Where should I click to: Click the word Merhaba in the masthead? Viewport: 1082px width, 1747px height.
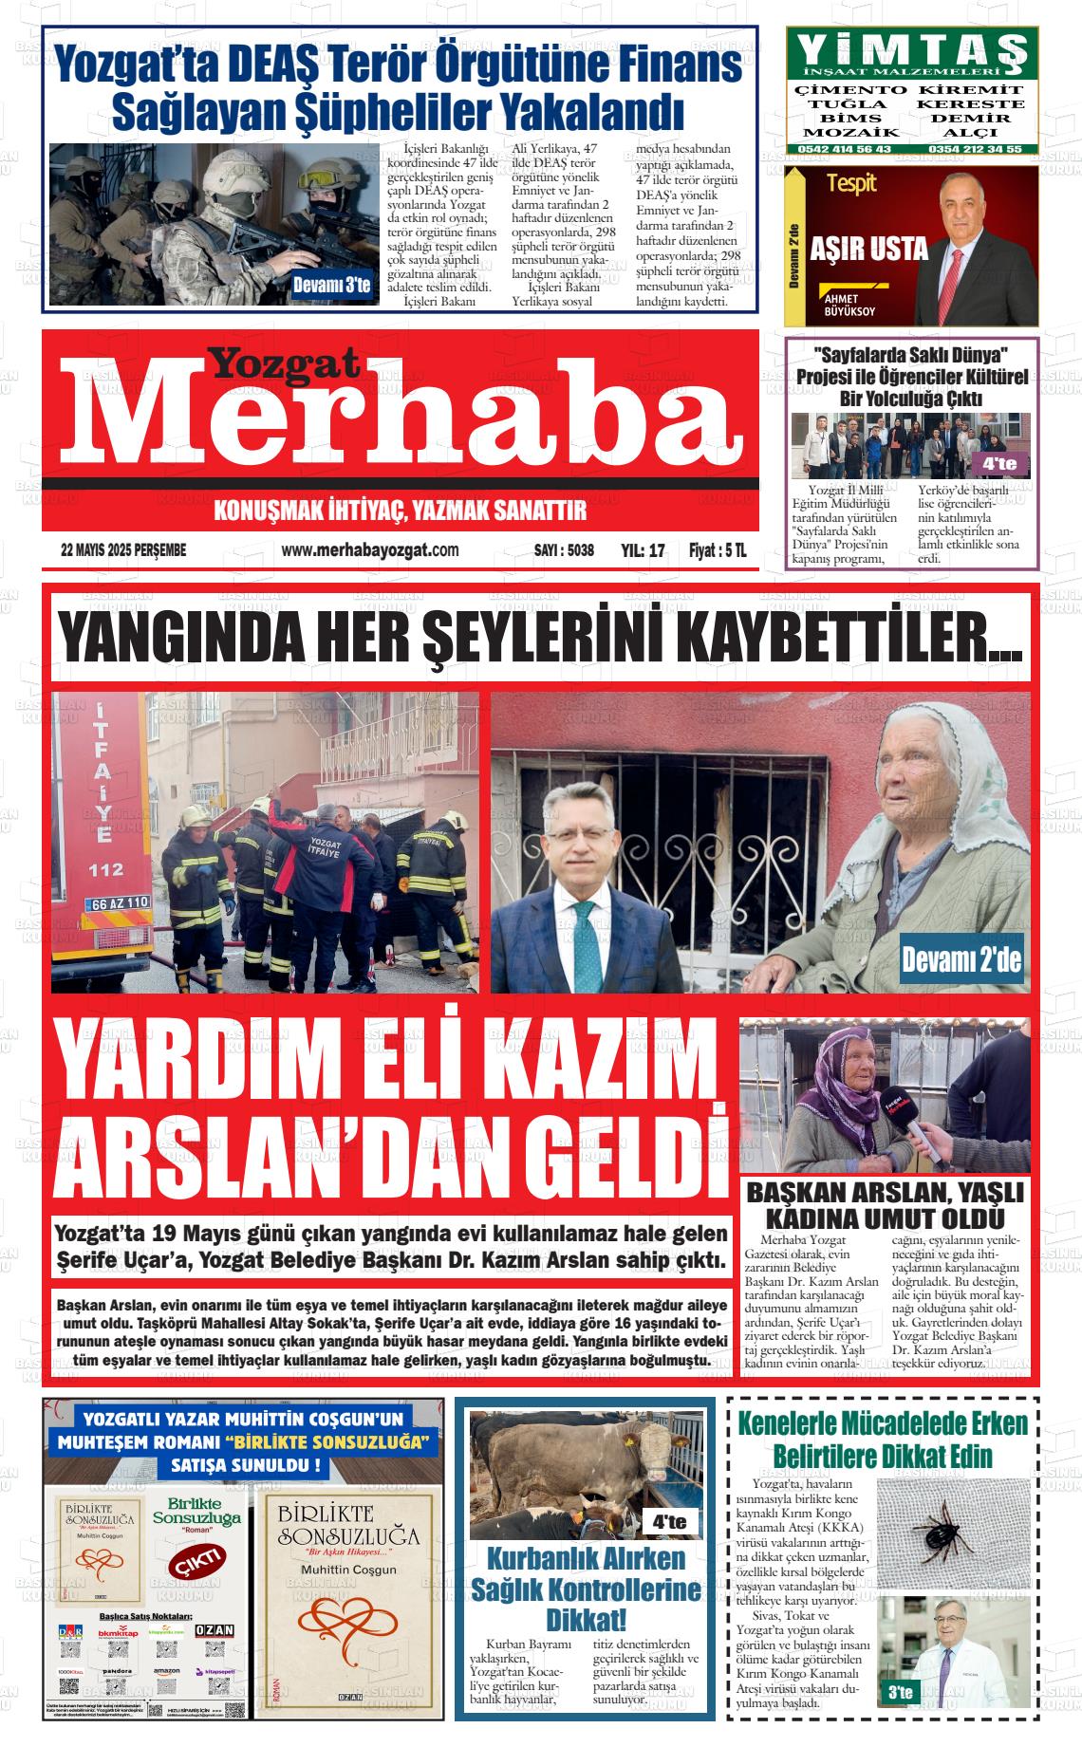coord(399,415)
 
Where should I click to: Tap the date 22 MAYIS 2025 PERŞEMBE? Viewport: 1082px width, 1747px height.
coord(123,550)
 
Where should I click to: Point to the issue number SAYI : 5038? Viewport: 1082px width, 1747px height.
coord(564,550)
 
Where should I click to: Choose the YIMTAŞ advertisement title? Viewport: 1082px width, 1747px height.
coord(912,47)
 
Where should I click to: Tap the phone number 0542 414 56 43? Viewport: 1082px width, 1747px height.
coord(846,149)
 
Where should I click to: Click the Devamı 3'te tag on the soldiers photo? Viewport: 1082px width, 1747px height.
coord(331,285)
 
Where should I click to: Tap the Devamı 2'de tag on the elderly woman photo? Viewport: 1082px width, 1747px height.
coord(961,960)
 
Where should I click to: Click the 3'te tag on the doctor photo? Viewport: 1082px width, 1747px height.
coord(899,1692)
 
